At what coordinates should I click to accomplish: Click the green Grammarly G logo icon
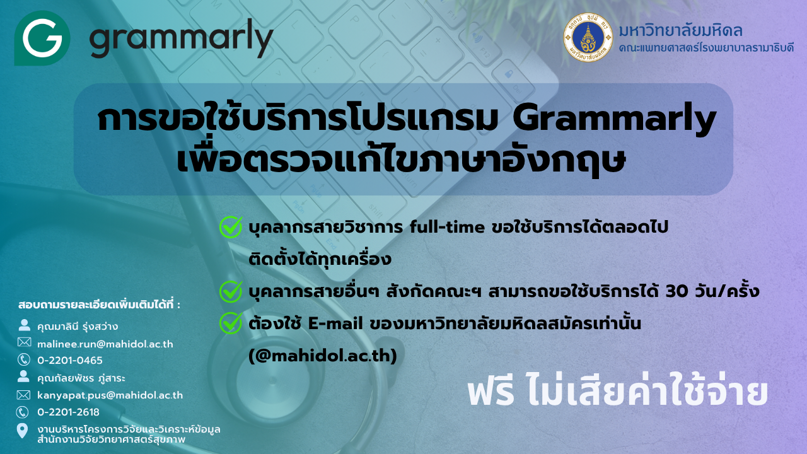pos(42,38)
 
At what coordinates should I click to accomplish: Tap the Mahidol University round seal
pos(588,37)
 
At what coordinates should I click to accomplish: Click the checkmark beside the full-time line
pos(231,227)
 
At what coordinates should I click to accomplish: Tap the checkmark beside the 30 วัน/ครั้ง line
pos(231,291)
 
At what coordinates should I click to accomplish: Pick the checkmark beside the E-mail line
pos(231,323)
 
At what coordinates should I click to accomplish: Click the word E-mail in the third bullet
pos(335,323)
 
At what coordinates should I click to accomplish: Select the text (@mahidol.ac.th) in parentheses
pos(323,356)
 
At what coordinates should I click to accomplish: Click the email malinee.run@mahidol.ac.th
pos(105,344)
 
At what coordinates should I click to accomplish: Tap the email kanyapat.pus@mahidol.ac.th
pos(110,395)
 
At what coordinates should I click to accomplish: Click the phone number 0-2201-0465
pos(70,360)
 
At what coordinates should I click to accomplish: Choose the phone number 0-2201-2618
pos(69,412)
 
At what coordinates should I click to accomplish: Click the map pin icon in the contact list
pos(22,431)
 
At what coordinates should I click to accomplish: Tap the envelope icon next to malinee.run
pos(24,342)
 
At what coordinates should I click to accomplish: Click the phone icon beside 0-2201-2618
pos(23,412)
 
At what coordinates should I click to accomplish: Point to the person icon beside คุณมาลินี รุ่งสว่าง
pos(24,325)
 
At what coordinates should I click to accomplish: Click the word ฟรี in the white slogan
pos(491,393)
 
